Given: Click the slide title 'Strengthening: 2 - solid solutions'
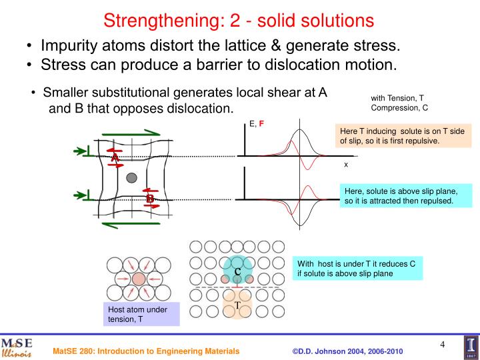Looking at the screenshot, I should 239,20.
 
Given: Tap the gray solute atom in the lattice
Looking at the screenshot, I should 132,177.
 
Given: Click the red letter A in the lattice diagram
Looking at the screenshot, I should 115,157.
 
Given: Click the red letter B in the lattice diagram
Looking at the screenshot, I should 150,199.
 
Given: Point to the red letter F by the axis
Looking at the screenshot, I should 262,124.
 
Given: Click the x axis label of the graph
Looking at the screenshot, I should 346,163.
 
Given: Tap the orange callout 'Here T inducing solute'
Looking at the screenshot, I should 404,135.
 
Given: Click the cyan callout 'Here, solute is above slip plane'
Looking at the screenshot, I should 404,196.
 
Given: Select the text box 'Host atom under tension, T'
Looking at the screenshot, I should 142,314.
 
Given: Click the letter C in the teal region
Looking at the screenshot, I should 237,271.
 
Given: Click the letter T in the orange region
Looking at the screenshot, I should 237,305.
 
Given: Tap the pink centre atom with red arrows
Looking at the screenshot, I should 139,278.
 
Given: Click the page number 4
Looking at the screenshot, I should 442,344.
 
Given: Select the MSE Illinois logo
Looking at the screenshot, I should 16,347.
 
